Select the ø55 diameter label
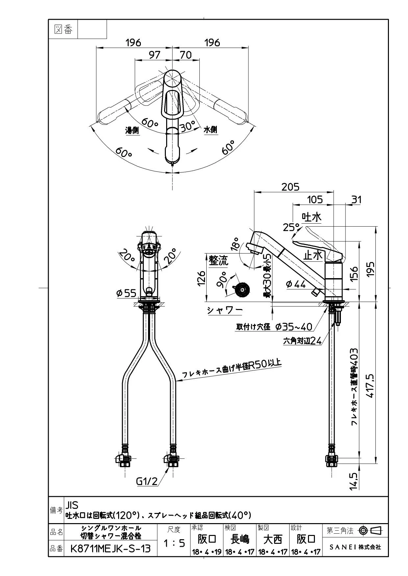pos(126,293)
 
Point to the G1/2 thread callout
pos(147,481)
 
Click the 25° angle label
pos(291,227)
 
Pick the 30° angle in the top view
pos(187,126)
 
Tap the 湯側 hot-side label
pos(132,130)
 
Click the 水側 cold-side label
pos(211,130)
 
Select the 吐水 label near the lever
pos(312,217)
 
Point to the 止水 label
pos(313,255)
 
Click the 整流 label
pos(218,261)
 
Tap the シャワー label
pos(225,310)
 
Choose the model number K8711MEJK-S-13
pos(111,548)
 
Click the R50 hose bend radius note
pos(232,370)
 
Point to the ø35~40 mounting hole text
pos(293,327)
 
